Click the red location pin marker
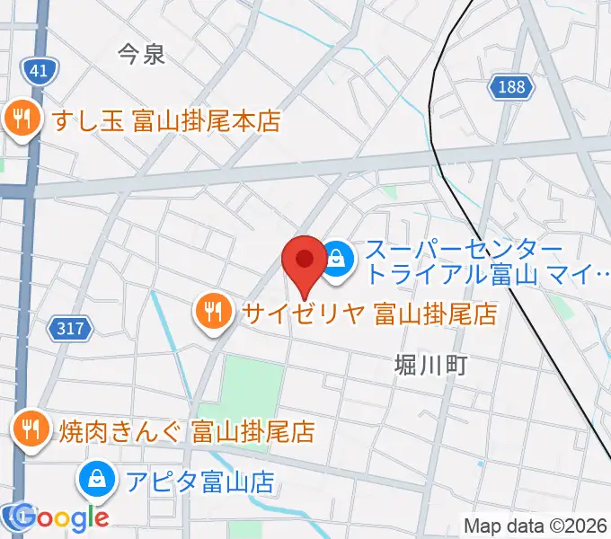point(304,263)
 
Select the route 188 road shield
point(512,87)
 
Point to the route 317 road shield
point(73,329)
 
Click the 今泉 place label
point(142,55)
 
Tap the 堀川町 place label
point(432,365)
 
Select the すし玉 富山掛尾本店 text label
point(167,121)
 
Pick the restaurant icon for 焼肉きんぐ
point(32,430)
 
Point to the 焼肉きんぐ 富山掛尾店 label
point(187,431)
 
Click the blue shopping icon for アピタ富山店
point(96,482)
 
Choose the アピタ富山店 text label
point(199,482)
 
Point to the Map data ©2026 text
point(536,526)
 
